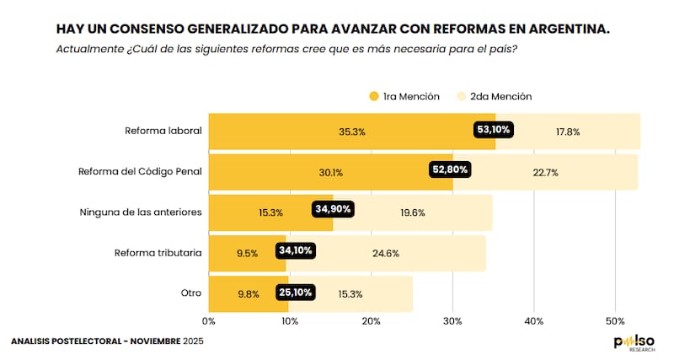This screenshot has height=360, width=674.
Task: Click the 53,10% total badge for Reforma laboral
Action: tap(495, 130)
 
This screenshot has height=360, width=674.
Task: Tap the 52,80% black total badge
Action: tap(450, 169)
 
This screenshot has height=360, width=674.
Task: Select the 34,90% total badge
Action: tap(334, 209)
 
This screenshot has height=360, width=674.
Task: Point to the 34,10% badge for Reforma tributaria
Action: tap(297, 250)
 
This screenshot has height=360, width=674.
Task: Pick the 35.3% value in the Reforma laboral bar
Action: tap(352, 132)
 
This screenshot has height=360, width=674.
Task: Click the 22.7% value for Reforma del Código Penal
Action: tap(546, 173)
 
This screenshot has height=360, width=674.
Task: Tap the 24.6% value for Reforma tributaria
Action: tap(386, 252)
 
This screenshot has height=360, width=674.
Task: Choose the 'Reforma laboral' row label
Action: tap(163, 131)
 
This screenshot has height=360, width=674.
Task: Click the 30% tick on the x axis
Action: tap(452, 321)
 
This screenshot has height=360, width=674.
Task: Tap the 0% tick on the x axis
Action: tap(209, 321)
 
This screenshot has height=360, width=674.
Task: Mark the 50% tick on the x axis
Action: tap(615, 321)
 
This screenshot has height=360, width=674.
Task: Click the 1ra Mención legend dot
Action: tap(374, 96)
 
